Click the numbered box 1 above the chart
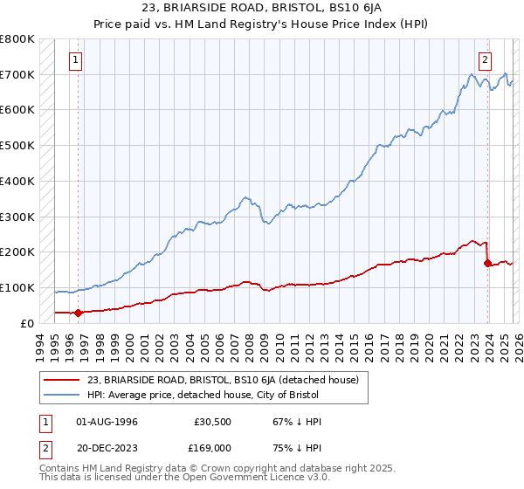(77, 60)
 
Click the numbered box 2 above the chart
(484, 60)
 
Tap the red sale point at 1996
(78, 312)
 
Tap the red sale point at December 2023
(487, 262)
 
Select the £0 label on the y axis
(26, 323)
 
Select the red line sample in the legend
(63, 379)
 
